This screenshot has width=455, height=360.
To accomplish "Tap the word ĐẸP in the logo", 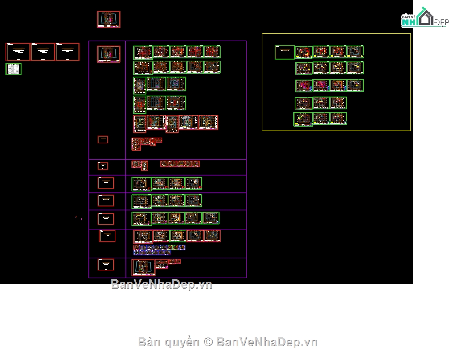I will coord(441,23).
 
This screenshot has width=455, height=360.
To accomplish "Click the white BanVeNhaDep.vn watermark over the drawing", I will coord(161,284).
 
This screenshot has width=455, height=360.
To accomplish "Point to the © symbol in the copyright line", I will coord(208,342).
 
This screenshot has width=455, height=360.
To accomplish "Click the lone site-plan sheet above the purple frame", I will coord(108,19).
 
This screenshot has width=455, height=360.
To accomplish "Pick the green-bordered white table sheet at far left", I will coord(13,69).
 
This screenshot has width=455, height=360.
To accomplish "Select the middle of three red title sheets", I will coord(43,52).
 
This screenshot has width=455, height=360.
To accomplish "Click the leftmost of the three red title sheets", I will coord(18,52).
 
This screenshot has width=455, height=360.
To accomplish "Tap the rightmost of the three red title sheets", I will coord(67,52).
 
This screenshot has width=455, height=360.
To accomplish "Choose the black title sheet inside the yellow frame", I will coord(284,52).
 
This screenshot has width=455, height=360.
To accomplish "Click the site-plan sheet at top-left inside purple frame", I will coord(108,54).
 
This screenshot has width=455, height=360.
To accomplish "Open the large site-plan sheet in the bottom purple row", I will coord(143,267).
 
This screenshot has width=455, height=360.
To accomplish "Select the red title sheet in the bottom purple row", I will coord(106,265).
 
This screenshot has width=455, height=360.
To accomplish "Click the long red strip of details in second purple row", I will coord(180,164).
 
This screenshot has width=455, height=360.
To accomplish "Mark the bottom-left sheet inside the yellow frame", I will coord(303,119).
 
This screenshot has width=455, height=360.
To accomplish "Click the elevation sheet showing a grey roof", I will coord(188,122).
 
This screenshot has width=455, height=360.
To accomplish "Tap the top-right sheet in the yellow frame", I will coord(355,52).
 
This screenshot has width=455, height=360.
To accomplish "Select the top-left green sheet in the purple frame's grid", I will coord(143,53).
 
